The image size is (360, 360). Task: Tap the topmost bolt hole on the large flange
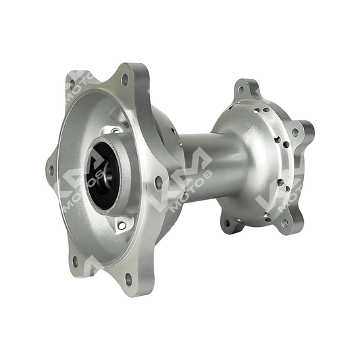click(x=125, y=80)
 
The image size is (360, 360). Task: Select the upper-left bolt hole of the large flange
click(x=72, y=84)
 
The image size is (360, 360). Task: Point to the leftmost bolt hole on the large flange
click(x=51, y=170)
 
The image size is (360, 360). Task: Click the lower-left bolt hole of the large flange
click(x=75, y=262)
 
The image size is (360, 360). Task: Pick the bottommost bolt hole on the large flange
click(x=129, y=280)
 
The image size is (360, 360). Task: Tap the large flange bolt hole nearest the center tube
click(x=159, y=182)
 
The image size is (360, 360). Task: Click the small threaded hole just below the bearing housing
click(x=122, y=225)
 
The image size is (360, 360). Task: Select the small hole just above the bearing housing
click(x=114, y=131)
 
